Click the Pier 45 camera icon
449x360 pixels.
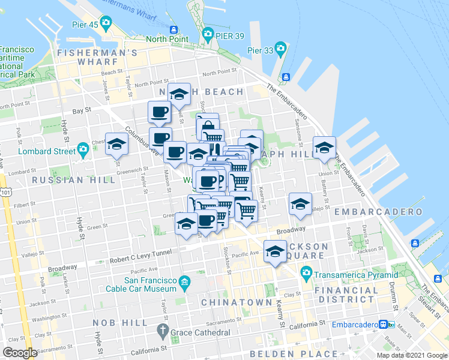pos(106,23)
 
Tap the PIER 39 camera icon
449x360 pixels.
pos(208,33)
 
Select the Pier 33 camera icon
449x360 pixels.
pos(280,47)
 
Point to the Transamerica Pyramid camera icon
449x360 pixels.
pos(306,274)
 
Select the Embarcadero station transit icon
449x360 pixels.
pos(383,324)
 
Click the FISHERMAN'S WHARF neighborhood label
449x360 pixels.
pos(98,53)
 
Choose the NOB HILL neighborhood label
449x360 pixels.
pos(120,323)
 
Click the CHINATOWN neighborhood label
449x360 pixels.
pos(237,302)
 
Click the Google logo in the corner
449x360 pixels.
pos(20,353)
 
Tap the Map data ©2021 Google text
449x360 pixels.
pos(412,356)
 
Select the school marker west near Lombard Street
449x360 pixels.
pos(116,145)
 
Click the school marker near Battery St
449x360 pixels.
pos(324,148)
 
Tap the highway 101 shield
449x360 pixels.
pos(5,192)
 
